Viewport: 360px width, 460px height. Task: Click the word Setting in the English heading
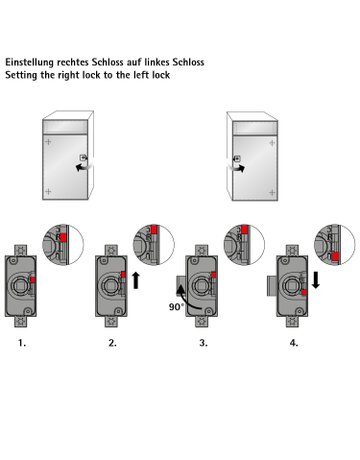point(23,75)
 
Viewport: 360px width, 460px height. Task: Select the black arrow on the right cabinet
point(243,169)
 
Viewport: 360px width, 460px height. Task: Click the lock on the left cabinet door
point(84,159)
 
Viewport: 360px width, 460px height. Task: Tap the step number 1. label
point(21,342)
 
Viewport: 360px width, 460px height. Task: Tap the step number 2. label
point(112,342)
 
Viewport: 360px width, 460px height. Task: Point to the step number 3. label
point(203,342)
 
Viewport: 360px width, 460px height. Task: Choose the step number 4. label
point(294,342)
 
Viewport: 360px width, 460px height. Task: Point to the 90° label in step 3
point(177,308)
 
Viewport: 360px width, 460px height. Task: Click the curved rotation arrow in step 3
point(183,292)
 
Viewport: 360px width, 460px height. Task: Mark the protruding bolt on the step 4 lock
point(273,287)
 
